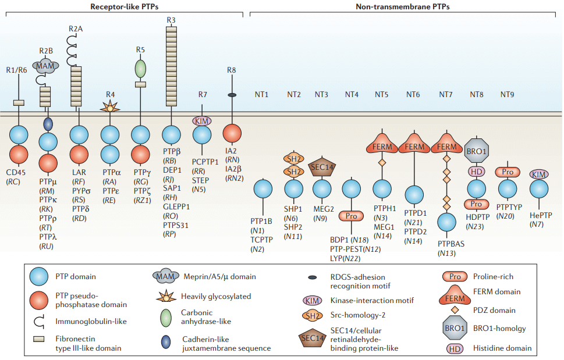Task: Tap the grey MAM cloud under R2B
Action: coord(45,67)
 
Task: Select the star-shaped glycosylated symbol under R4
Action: coord(110,106)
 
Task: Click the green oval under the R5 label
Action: coord(140,67)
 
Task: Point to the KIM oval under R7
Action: coord(202,120)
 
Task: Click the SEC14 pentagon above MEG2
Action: coord(323,166)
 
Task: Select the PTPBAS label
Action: coord(447,244)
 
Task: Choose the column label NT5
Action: coord(382,94)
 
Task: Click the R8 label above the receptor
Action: coord(232,70)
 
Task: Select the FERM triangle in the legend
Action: coord(455,295)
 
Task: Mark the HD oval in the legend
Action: coord(455,348)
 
